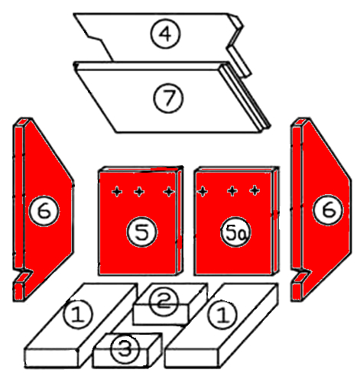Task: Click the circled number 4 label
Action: tap(165, 34)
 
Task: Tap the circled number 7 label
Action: tap(168, 98)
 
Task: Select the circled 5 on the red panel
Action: tap(142, 232)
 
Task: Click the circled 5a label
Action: tap(235, 232)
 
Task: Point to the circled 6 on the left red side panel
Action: tap(44, 211)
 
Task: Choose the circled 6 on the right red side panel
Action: tap(328, 209)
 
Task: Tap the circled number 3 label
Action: tap(125, 348)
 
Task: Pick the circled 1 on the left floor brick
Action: tap(78, 314)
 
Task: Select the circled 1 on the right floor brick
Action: tap(222, 315)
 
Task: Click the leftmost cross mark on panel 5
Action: tap(117, 192)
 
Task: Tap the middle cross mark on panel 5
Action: tap(139, 192)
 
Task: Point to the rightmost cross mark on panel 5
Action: tap(169, 192)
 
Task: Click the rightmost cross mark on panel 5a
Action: tap(255, 190)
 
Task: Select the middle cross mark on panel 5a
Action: tap(232, 191)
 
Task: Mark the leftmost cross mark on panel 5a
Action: tap(203, 191)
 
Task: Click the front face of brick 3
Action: tap(120, 358)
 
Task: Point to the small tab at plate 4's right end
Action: tap(238, 60)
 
